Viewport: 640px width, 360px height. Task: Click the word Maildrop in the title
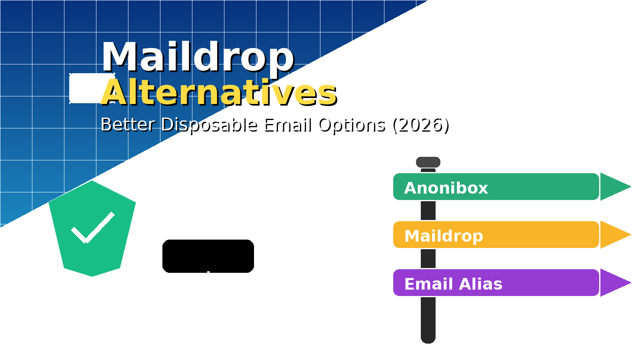pos(198,57)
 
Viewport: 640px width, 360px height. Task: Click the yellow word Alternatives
pos(219,92)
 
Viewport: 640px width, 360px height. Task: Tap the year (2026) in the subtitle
pos(421,125)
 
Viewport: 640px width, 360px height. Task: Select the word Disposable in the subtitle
pos(209,125)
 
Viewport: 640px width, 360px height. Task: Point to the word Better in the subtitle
pos(128,125)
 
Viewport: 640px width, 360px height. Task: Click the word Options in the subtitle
pos(352,125)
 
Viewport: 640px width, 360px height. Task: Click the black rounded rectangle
pos(208,256)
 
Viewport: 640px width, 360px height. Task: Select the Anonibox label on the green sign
pos(446,188)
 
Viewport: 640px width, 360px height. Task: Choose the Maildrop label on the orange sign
pos(444,236)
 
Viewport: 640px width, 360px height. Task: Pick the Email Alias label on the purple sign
pos(453,284)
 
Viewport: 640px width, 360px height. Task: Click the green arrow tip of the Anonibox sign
pos(614,186)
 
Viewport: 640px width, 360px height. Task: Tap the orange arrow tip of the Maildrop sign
pos(614,234)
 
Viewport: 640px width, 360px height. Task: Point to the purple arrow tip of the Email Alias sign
pos(614,282)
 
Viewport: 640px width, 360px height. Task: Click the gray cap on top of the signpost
pos(428,162)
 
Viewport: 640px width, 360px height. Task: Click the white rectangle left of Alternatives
pos(85,88)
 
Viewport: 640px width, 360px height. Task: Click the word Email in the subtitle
pos(288,125)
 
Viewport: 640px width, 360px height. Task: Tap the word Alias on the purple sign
pos(480,284)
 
